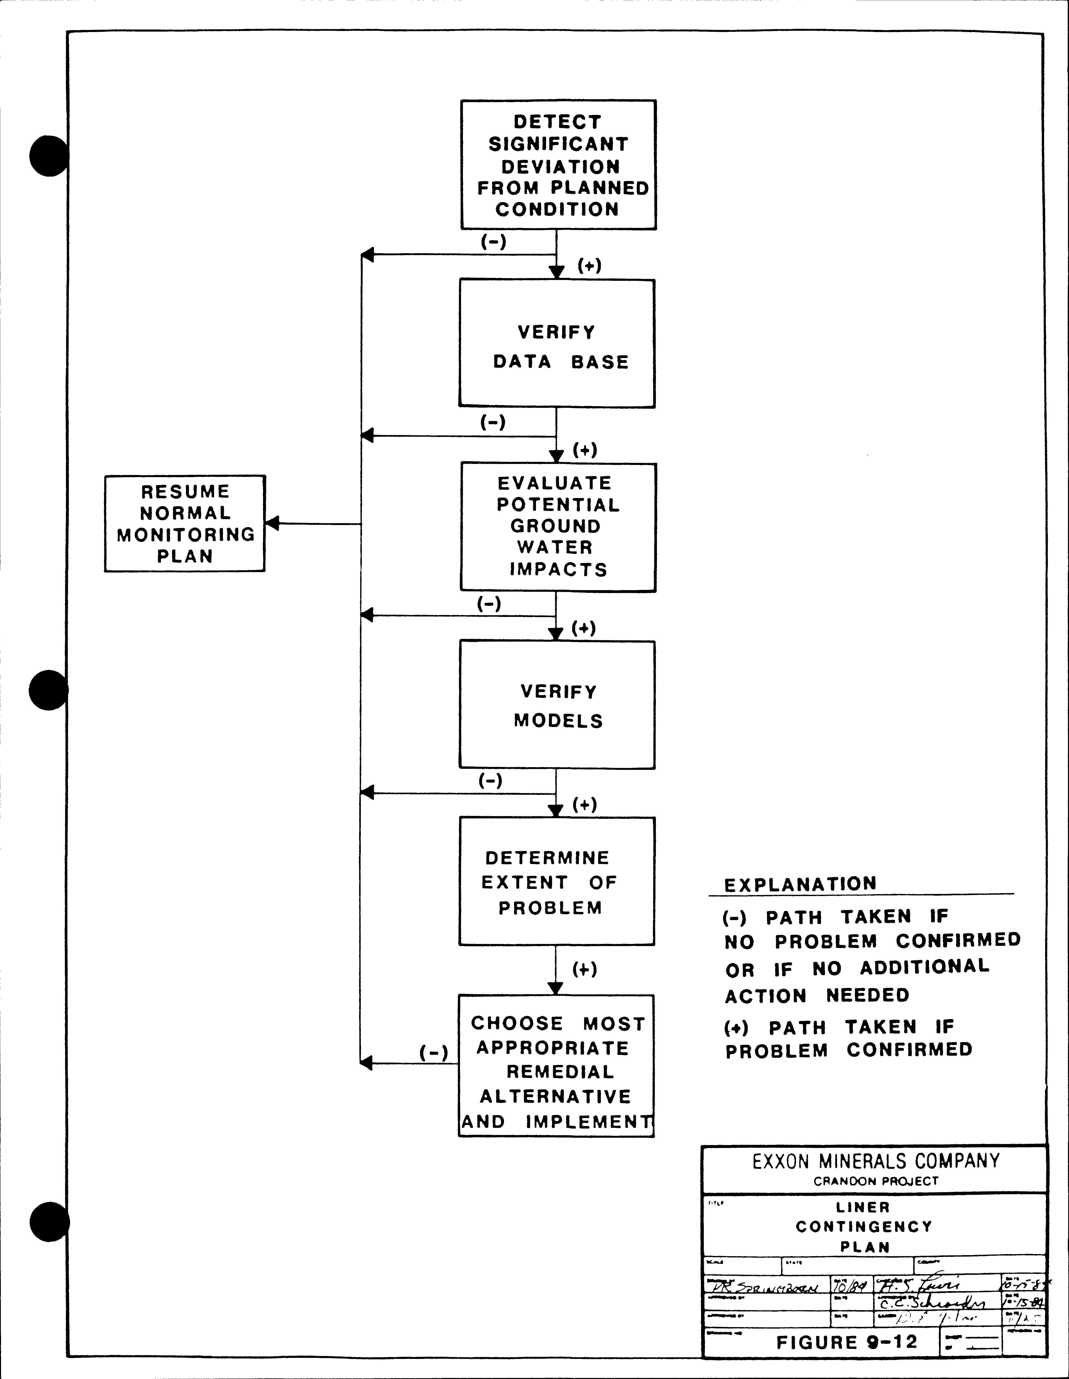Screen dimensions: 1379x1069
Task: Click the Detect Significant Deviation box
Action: click(558, 165)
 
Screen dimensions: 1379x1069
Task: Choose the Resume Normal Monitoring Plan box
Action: click(184, 523)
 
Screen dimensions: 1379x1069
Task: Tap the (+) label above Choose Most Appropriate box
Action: click(584, 969)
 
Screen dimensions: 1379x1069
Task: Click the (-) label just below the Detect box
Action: click(493, 241)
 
